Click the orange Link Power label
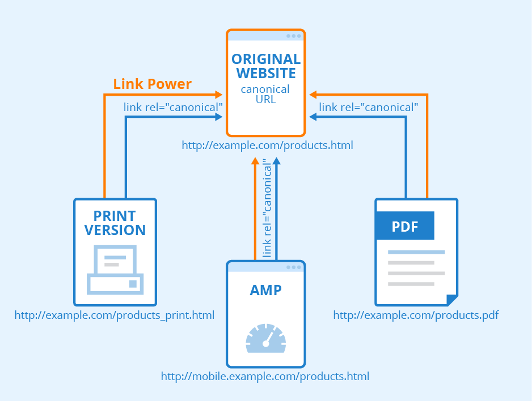tap(152, 84)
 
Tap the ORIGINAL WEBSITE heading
tap(266, 66)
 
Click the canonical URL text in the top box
tap(265, 94)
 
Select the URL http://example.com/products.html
tap(267, 146)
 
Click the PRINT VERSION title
tap(115, 223)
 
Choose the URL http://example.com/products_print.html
tap(115, 315)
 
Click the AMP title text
tap(266, 290)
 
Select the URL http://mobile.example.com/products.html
tap(265, 376)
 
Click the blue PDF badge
tap(405, 226)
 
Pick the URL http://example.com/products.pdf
tap(416, 315)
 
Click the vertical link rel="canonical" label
tap(267, 207)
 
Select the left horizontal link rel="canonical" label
tap(173, 106)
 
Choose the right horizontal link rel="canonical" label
tap(369, 106)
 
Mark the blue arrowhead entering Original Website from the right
tap(313, 117)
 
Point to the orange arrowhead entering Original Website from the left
tap(218, 95)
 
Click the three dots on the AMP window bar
tap(294, 267)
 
